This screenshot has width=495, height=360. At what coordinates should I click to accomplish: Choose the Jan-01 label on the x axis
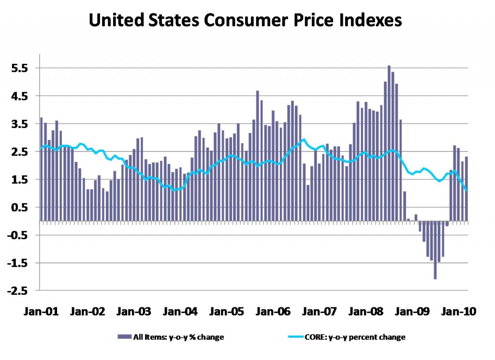coord(41,311)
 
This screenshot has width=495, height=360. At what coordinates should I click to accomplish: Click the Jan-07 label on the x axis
coord(319,311)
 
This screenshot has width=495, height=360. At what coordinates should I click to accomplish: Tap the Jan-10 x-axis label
coord(458,311)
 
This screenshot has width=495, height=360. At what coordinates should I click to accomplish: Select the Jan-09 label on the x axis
coord(412,311)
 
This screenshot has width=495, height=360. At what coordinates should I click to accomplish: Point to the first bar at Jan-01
coord(42,169)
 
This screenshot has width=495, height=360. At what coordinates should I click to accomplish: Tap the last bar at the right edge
coord(466,188)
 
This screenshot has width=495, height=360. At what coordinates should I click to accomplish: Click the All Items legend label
coord(178,337)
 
